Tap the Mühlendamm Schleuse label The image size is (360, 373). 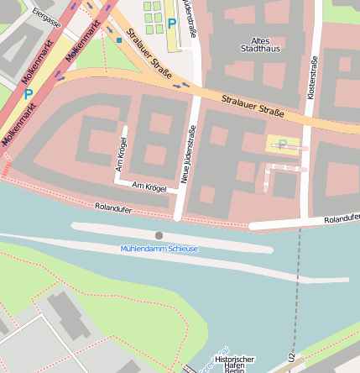click(x=159, y=249)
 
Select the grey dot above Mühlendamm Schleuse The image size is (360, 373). click(x=159, y=235)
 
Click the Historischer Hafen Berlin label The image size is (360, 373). click(x=234, y=364)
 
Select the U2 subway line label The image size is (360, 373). click(x=291, y=357)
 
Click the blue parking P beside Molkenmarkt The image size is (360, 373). click(x=29, y=95)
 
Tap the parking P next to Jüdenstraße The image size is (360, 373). click(x=172, y=24)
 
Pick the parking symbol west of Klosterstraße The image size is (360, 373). click(x=283, y=144)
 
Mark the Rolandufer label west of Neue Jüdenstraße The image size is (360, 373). click(x=114, y=206)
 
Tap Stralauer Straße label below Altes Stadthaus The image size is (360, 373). click(x=253, y=106)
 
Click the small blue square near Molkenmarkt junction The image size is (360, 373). click(x=119, y=39)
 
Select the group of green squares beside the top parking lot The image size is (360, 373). click(x=152, y=12)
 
